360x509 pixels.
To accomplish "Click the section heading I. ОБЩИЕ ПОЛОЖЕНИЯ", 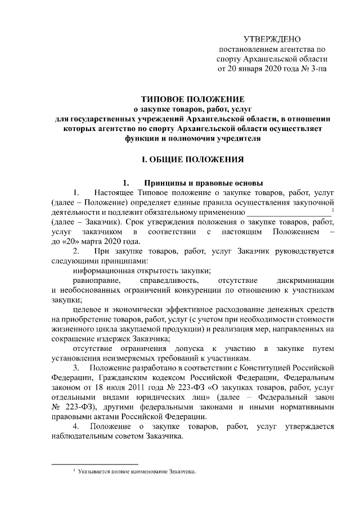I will click(x=192, y=160).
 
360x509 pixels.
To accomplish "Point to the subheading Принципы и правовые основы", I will click(x=201, y=183).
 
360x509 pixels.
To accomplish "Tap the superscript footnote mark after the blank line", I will click(x=334, y=210).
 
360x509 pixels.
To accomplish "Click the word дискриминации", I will click(x=306, y=280).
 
